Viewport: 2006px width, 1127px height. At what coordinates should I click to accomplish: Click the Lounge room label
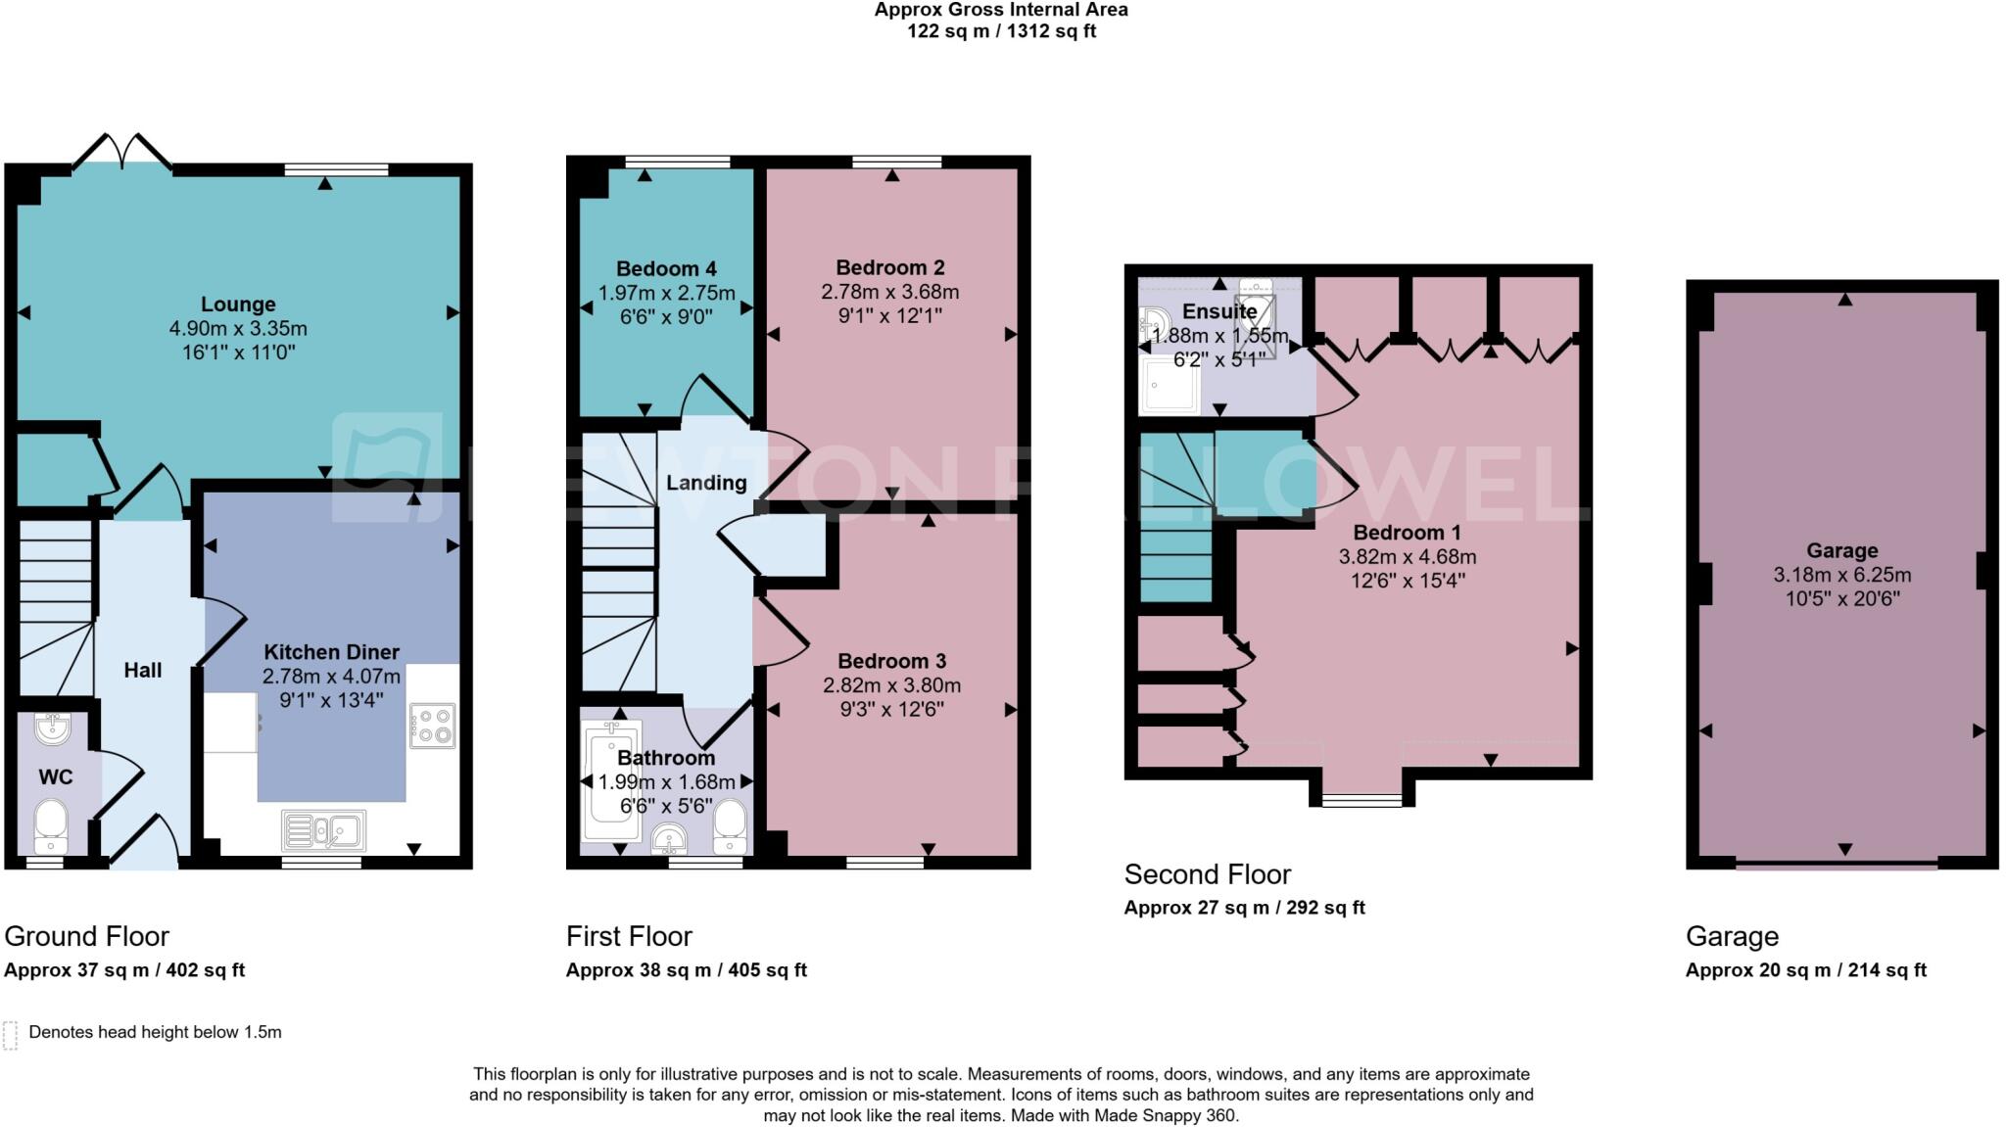(x=238, y=305)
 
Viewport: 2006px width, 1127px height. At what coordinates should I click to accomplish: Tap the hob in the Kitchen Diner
(x=432, y=727)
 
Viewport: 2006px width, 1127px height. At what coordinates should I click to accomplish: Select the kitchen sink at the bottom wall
(x=324, y=830)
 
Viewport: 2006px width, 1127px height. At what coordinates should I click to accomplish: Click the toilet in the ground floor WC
(x=50, y=826)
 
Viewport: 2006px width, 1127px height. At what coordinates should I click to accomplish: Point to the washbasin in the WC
(x=51, y=728)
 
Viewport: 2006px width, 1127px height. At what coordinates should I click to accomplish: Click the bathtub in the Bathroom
(x=610, y=781)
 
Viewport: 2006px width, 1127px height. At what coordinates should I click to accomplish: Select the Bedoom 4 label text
(x=666, y=269)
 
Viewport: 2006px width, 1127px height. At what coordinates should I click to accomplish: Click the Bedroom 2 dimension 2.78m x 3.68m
(x=889, y=292)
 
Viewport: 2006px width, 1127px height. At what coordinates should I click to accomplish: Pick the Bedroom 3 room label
(x=891, y=661)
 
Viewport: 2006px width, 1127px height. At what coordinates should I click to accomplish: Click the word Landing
(x=706, y=483)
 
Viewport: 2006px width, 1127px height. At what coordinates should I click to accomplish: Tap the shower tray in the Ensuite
(x=1170, y=383)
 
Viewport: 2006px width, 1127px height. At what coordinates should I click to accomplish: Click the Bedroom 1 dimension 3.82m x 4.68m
(x=1407, y=557)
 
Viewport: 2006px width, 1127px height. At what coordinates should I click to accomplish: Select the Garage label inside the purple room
(x=1841, y=550)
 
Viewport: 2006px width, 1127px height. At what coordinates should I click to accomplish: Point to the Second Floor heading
(x=1207, y=873)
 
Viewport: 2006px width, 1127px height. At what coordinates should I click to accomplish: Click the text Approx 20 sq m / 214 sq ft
(x=1805, y=970)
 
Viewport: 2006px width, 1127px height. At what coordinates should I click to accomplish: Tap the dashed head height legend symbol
(x=11, y=1035)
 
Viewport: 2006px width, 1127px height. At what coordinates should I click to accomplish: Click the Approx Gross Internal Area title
(x=1000, y=10)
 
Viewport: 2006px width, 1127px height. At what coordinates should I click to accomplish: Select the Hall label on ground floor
(x=143, y=671)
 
